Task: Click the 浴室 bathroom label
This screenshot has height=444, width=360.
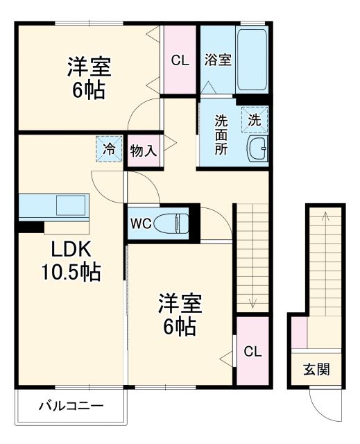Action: pos(217,60)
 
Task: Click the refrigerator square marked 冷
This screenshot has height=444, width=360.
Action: pos(109,148)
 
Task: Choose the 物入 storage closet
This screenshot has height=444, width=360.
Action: pos(144,151)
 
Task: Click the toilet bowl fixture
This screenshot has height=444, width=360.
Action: pos(172,223)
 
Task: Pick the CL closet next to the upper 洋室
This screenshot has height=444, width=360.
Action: pos(180,60)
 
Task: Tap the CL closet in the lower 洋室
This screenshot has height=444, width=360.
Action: pos(252,352)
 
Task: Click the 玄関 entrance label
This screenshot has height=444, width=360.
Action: pos(316,369)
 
